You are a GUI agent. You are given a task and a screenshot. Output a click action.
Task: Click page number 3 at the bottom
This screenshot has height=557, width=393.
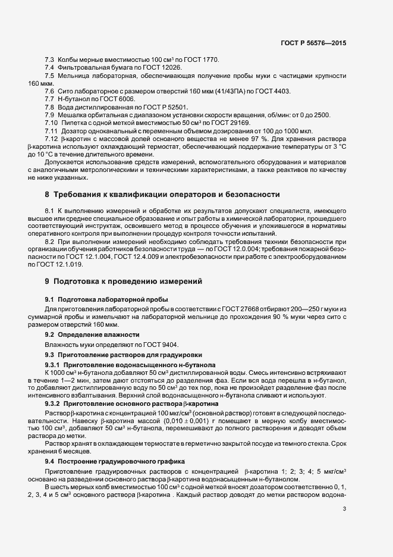[344, 508]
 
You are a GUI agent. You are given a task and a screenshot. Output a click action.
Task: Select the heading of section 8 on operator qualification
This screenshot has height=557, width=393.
[158, 195]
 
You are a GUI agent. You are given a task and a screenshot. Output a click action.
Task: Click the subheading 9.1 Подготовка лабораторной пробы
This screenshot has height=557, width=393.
[106, 299]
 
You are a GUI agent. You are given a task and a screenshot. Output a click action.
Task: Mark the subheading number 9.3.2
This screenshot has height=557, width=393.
[55, 403]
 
